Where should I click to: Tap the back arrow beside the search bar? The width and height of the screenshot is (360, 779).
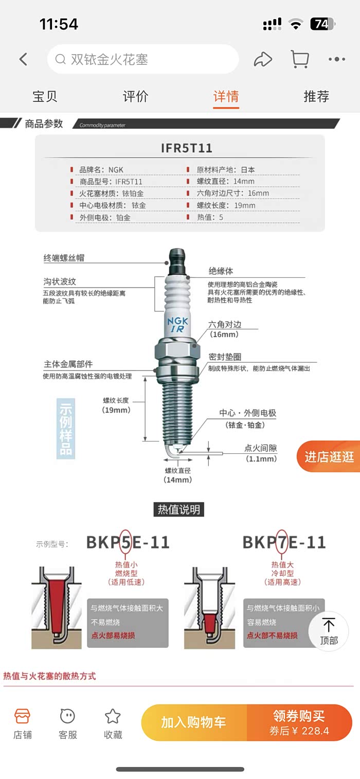click(x=23, y=59)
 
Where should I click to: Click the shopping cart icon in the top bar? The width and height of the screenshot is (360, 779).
click(x=299, y=59)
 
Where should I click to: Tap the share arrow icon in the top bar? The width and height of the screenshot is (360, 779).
click(x=263, y=59)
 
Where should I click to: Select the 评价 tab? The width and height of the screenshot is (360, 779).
click(x=136, y=96)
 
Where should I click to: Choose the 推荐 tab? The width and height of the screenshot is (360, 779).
click(x=316, y=96)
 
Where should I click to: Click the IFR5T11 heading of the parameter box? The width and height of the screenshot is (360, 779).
click(x=187, y=148)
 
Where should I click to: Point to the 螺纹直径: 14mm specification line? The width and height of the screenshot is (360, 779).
click(x=226, y=181)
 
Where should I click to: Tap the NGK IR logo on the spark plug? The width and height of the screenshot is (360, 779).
click(x=177, y=325)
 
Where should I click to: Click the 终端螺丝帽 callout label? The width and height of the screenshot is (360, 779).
click(x=64, y=258)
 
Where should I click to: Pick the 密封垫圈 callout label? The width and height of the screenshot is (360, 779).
click(x=225, y=357)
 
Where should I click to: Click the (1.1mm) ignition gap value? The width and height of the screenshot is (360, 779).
click(x=261, y=459)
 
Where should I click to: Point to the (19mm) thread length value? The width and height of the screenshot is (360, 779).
click(x=116, y=410)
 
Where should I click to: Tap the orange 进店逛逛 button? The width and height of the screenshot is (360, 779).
click(x=329, y=456)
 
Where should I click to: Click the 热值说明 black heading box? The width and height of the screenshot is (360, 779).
click(x=178, y=509)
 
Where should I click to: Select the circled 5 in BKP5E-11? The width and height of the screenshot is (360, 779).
click(x=126, y=542)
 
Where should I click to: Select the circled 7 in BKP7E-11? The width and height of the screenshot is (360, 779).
click(x=282, y=542)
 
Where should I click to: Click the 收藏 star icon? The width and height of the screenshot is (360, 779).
click(x=113, y=716)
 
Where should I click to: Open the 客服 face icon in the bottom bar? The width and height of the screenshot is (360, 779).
click(x=67, y=716)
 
